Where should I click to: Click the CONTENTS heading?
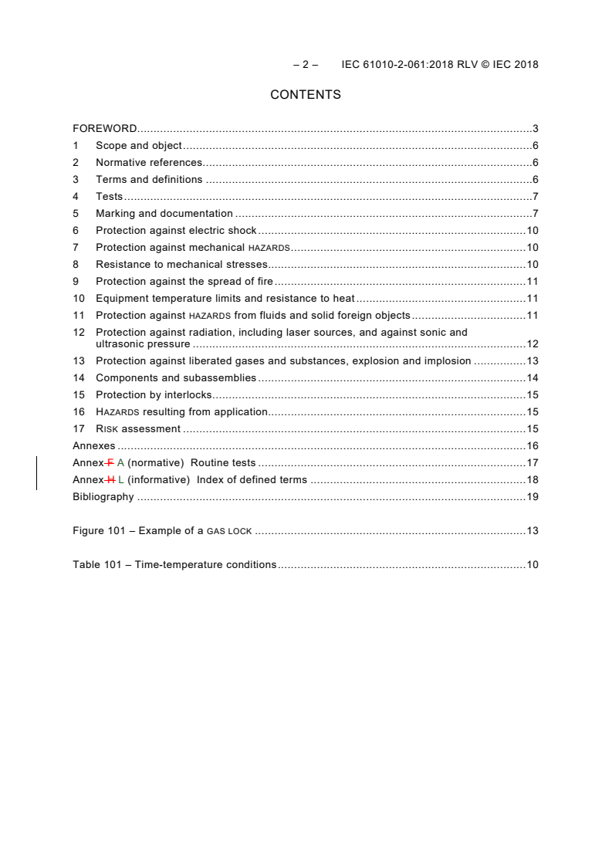[306, 95]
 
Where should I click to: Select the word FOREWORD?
[105, 128]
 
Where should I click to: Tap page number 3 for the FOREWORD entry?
[535, 128]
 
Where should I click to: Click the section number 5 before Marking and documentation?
[76, 213]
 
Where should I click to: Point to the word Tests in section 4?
[109, 196]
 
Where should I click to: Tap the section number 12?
[78, 332]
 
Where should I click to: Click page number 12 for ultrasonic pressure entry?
[533, 344]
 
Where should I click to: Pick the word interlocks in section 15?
[185, 395]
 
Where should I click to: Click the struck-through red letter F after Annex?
[110, 463]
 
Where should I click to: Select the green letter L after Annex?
[121, 480]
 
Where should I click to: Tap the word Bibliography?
[103, 497]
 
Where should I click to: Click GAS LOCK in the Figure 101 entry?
[230, 531]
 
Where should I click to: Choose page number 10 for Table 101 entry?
[533, 565]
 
